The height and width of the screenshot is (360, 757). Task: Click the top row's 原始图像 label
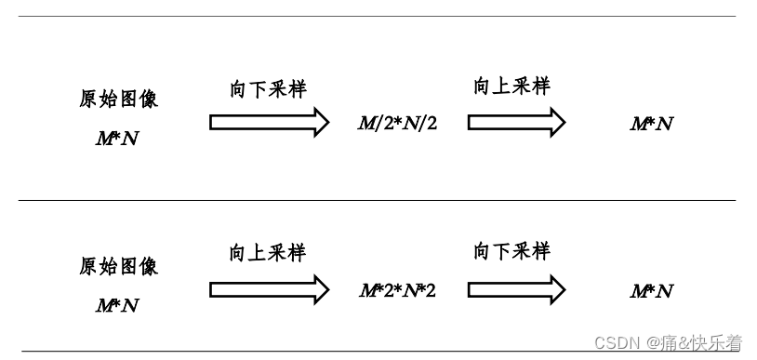(x=118, y=100)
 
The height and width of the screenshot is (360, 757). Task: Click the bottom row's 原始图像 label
(x=118, y=267)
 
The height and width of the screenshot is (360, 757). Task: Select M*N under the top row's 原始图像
(x=117, y=139)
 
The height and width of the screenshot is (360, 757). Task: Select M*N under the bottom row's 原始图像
(x=117, y=305)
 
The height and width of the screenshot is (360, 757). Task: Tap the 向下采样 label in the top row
(x=268, y=89)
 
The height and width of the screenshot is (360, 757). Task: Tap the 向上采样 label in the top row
(x=511, y=87)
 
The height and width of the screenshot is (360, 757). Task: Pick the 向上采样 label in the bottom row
(x=268, y=253)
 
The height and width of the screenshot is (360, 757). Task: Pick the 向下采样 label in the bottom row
(x=511, y=251)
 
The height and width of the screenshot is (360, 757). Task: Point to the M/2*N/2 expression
(x=398, y=123)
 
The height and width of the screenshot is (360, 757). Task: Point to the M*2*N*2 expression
(x=398, y=291)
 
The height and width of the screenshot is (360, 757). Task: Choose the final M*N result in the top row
(x=651, y=124)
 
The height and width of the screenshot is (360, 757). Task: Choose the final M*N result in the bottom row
(x=651, y=291)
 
